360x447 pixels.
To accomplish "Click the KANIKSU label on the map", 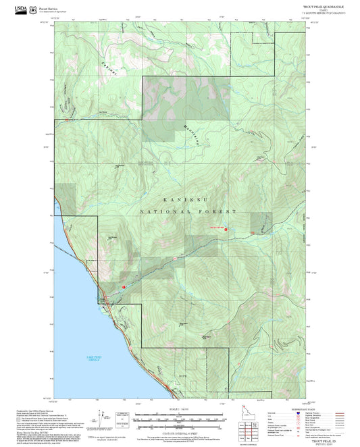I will [x=179, y=201].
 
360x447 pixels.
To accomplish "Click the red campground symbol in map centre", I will [x=226, y=230].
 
